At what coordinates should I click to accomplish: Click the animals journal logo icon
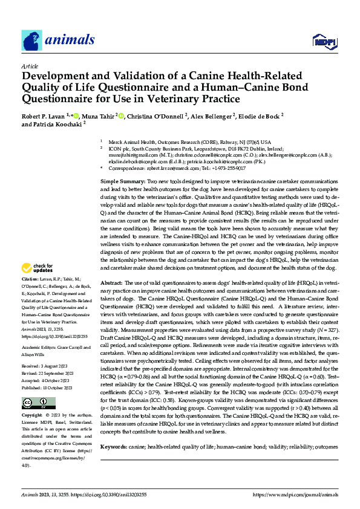point(32,40)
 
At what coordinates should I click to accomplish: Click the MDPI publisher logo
point(324,41)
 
